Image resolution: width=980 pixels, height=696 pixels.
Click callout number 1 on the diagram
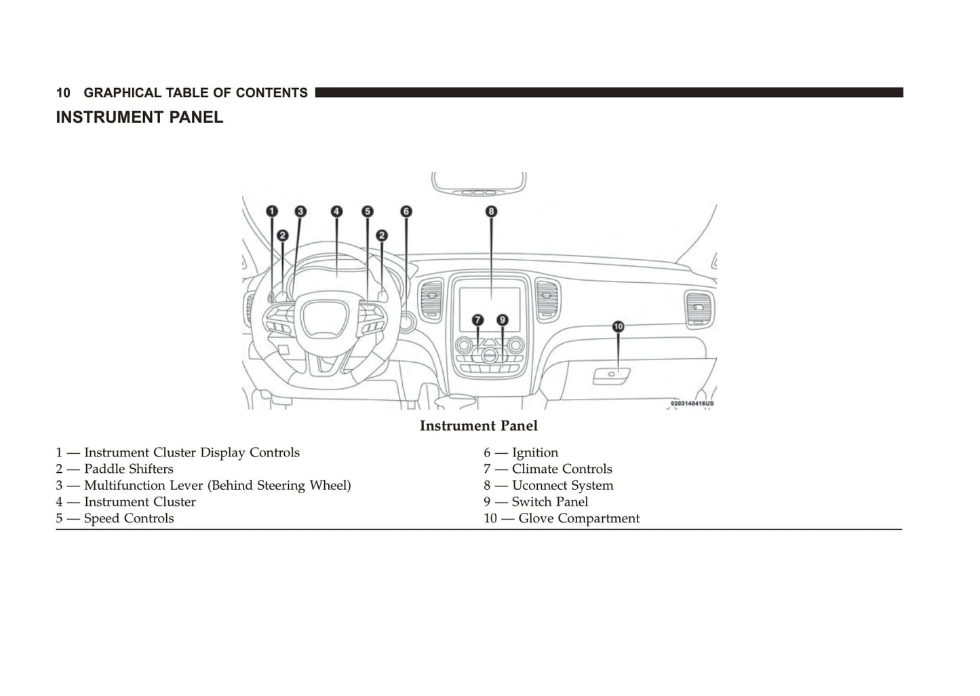point(271,211)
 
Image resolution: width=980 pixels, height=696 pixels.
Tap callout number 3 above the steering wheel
point(300,211)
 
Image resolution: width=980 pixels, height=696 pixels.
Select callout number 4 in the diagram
point(337,211)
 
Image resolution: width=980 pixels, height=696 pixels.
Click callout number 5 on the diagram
point(367,211)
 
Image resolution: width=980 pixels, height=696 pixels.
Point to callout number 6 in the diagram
point(406,211)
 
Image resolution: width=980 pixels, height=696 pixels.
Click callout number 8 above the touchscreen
point(491,211)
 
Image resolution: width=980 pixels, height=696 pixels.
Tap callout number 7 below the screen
point(478,320)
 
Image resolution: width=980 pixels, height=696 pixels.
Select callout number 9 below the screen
point(502,320)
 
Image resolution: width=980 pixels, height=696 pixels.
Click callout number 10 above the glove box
point(618,326)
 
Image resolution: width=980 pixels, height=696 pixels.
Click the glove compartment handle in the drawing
point(611,374)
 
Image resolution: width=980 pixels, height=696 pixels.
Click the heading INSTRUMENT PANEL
point(139,117)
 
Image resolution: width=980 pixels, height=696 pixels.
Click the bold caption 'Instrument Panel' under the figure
point(478,426)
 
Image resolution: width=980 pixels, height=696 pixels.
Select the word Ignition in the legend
point(535,452)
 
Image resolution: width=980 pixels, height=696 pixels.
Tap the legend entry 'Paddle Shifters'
point(128,469)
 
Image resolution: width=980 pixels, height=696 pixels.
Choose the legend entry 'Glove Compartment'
point(579,518)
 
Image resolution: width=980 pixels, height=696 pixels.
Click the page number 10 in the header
point(63,93)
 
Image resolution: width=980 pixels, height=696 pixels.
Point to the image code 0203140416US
point(692,404)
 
